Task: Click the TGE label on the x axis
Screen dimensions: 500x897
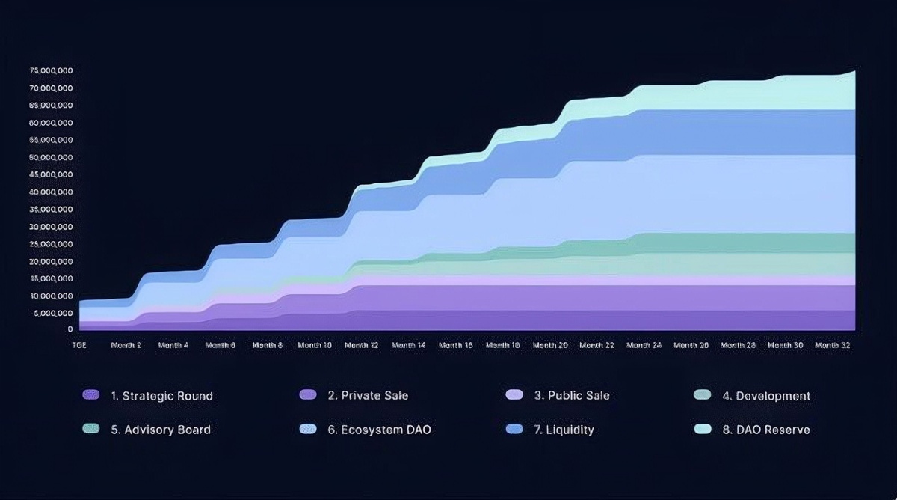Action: (x=79, y=345)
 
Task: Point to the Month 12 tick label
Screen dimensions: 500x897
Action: (x=361, y=345)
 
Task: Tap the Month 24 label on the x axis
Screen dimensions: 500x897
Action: (x=644, y=345)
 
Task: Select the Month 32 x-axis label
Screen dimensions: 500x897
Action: (x=831, y=345)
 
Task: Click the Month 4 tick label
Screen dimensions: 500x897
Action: (x=173, y=345)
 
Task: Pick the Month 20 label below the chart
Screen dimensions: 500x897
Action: (x=549, y=345)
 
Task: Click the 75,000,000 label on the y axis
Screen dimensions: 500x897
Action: (x=51, y=71)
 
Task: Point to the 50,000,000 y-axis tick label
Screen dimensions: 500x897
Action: (x=51, y=158)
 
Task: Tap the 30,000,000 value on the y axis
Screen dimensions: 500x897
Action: (x=51, y=227)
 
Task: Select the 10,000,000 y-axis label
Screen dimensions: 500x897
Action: (x=51, y=296)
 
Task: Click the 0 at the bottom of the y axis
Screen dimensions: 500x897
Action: (x=70, y=329)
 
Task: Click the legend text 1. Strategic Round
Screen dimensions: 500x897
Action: (x=161, y=396)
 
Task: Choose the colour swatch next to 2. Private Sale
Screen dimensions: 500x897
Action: (x=307, y=394)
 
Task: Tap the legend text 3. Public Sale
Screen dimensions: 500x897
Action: (x=571, y=395)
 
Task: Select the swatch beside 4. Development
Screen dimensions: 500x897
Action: (x=703, y=394)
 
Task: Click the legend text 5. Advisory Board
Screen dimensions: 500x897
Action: (x=161, y=430)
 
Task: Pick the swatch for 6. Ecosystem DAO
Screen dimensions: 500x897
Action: (x=307, y=429)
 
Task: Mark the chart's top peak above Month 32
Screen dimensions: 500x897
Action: (x=854, y=72)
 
